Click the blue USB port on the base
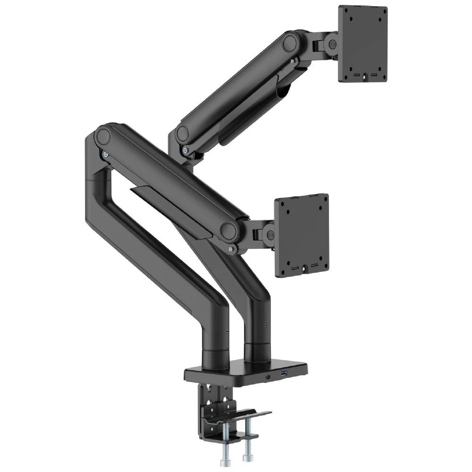click(284, 375)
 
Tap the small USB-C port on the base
click(269, 377)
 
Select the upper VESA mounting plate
click(362, 43)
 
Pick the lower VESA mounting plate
click(302, 235)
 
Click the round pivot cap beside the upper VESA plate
click(332, 44)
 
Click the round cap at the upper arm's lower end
click(182, 134)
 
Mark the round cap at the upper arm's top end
click(290, 43)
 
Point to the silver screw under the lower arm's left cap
click(105, 154)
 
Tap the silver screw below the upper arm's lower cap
click(185, 151)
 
